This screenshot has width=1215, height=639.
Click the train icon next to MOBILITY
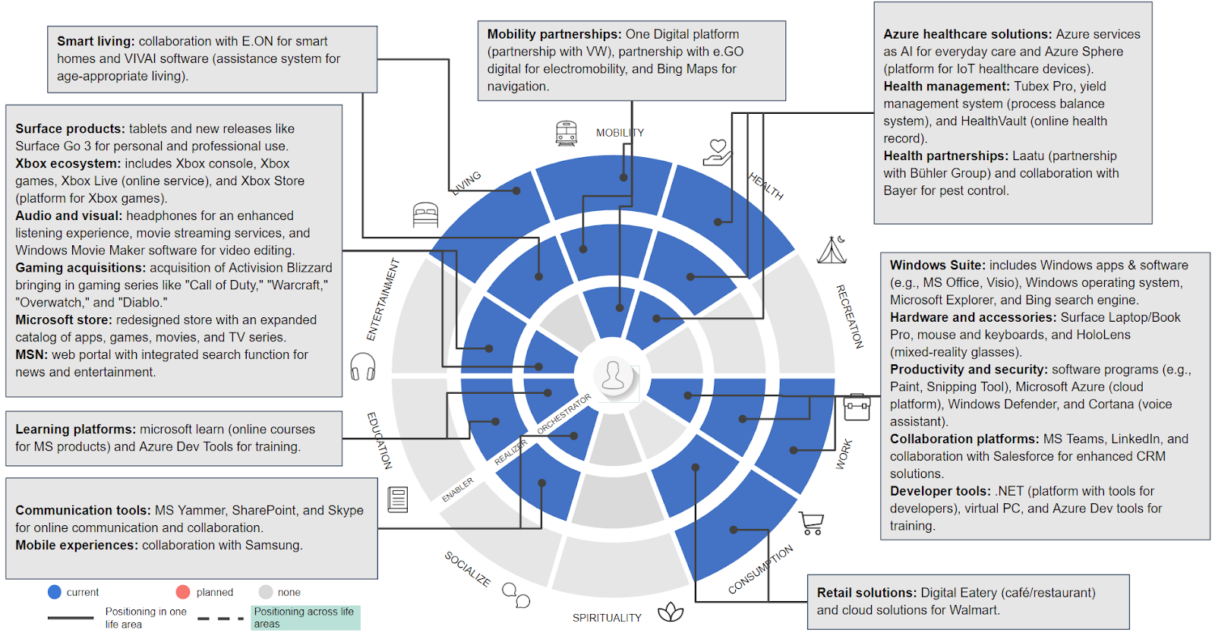(566, 133)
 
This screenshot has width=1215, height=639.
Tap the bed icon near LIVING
(425, 215)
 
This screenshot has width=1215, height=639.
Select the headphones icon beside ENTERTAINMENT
(363, 367)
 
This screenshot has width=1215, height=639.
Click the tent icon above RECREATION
(832, 250)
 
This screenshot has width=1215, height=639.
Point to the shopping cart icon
(811, 523)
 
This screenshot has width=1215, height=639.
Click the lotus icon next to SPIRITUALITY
(671, 612)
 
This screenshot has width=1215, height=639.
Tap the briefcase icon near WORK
(857, 408)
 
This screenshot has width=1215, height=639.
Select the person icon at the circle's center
(613, 375)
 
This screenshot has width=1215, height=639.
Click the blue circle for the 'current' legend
(55, 592)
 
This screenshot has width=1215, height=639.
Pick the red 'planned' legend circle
(183, 592)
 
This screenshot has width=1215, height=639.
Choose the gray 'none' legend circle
(266, 592)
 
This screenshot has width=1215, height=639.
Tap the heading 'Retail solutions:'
(866, 593)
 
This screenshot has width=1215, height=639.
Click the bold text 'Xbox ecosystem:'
(68, 163)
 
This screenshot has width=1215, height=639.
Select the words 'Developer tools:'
(940, 491)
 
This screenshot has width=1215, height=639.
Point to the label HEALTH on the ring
(765, 185)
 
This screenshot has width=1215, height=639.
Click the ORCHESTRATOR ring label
(563, 414)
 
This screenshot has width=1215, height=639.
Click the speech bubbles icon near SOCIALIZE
(516, 595)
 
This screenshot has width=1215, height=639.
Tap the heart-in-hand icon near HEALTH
(717, 151)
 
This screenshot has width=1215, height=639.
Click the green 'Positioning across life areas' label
(305, 617)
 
